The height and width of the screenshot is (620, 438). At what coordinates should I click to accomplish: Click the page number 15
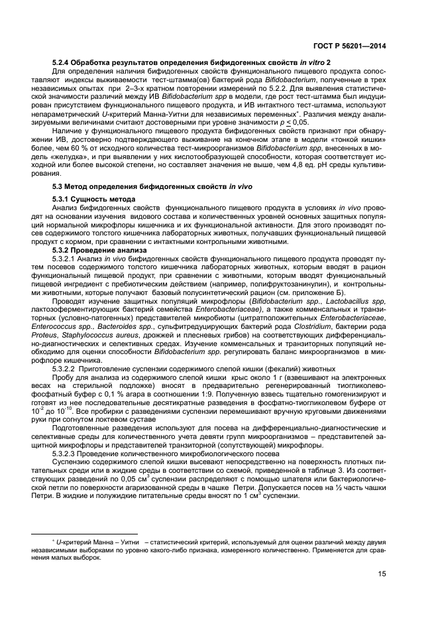tap(382, 574)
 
